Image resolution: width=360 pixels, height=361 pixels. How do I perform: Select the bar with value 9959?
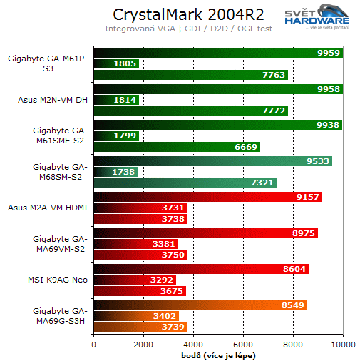coord(217,53)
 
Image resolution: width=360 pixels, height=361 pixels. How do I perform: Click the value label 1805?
coord(125,63)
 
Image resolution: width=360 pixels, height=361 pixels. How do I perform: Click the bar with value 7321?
coord(185,183)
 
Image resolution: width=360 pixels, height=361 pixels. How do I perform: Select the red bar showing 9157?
coord(207,197)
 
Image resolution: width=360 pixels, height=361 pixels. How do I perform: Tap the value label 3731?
coord(173,208)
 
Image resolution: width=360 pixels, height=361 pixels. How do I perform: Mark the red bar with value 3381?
coord(135,244)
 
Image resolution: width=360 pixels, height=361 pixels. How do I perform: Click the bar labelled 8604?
coord(200,269)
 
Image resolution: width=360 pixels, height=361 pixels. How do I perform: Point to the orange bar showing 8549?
coord(200,305)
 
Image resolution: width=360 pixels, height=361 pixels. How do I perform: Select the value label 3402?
coord(165,316)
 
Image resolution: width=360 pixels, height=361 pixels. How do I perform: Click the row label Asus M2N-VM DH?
coord(51,100)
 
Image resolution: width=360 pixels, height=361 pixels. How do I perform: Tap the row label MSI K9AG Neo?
coord(63,280)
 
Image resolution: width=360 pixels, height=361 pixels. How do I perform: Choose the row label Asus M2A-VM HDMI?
coord(48,208)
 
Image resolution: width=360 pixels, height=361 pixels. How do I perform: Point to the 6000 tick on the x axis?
coord(243,344)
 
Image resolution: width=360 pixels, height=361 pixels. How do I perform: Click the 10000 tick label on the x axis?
coord(343,344)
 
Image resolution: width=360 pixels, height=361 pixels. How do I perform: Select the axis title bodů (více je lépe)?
coord(219,355)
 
